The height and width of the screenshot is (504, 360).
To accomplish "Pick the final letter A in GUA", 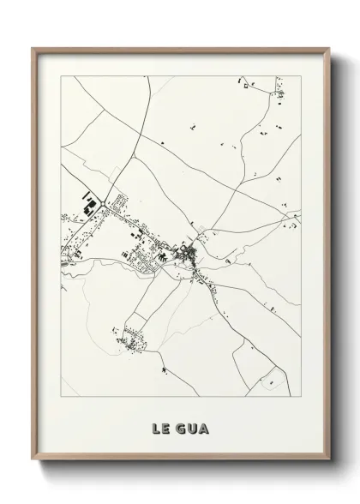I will pyautogui.click(x=204, y=423).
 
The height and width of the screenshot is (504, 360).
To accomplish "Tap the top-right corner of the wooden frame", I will pyautogui.click(x=329, y=48).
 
